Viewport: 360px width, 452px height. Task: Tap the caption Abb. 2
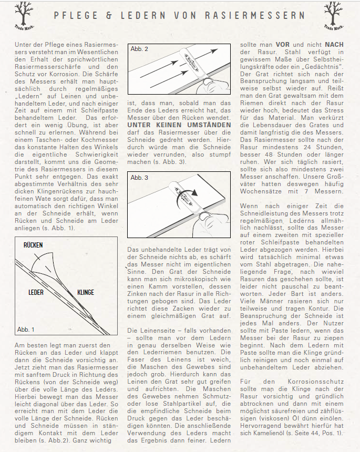(x=139, y=49)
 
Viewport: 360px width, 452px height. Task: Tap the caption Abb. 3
(x=139, y=178)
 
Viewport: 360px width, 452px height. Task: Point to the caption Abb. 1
(x=26, y=330)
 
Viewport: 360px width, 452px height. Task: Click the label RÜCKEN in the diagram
(x=33, y=245)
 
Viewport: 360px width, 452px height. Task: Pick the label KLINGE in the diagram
(x=86, y=292)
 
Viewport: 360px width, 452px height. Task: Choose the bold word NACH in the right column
(x=335, y=45)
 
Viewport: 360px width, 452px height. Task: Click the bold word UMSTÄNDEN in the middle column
(x=204, y=125)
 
